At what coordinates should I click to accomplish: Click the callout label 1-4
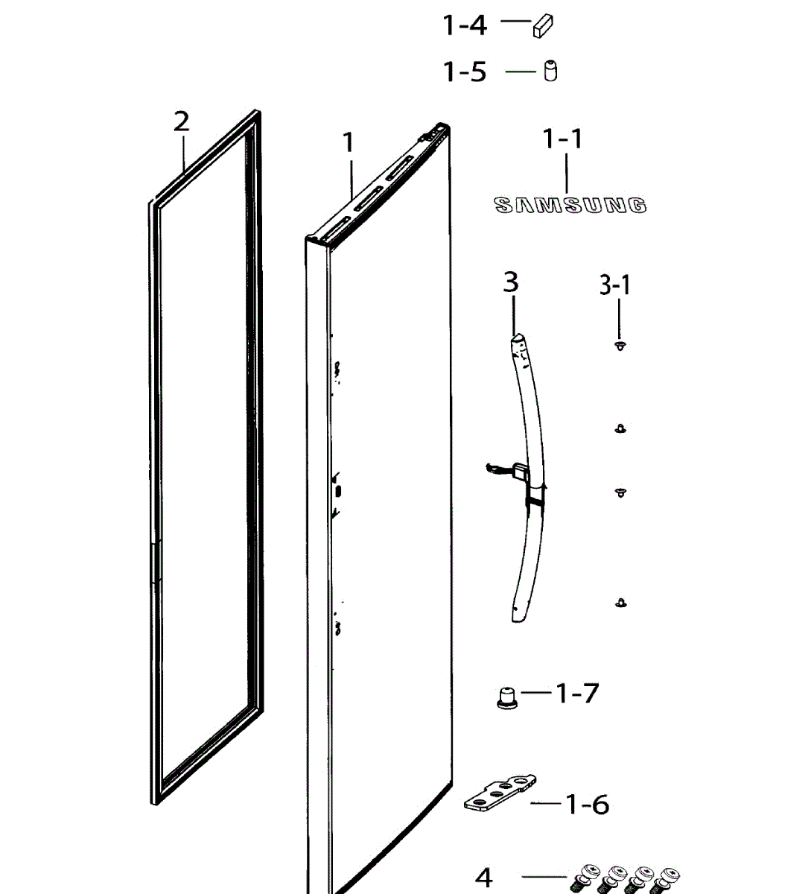point(465,25)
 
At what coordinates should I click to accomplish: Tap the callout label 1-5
point(465,72)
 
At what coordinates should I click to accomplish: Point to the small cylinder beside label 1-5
point(550,71)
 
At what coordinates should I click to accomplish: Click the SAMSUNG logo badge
point(570,205)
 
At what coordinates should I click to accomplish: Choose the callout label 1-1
point(563,139)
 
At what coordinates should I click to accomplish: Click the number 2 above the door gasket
point(182,121)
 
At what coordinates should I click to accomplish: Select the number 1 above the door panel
point(349,142)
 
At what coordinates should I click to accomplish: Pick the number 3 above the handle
point(511,282)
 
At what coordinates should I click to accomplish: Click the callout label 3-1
point(615,285)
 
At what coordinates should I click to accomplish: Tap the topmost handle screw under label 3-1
point(620,345)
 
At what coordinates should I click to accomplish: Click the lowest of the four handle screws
point(620,602)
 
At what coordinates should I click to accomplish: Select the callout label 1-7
point(578,694)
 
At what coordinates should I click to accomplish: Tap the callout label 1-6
point(588,805)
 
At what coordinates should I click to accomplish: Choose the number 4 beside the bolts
point(484,878)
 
